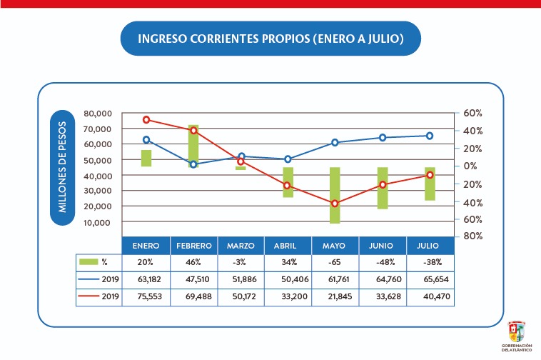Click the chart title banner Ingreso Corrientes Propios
click(270, 40)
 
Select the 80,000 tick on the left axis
click(98, 114)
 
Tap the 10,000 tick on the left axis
click(98, 222)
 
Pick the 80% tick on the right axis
click(468, 236)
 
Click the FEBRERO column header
click(193, 245)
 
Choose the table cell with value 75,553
click(146, 296)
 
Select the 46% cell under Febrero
click(193, 261)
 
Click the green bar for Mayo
click(335, 195)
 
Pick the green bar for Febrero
click(193, 146)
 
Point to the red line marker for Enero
click(146, 120)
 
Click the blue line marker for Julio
click(430, 136)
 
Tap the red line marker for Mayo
click(335, 204)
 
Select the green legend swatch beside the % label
click(89, 261)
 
